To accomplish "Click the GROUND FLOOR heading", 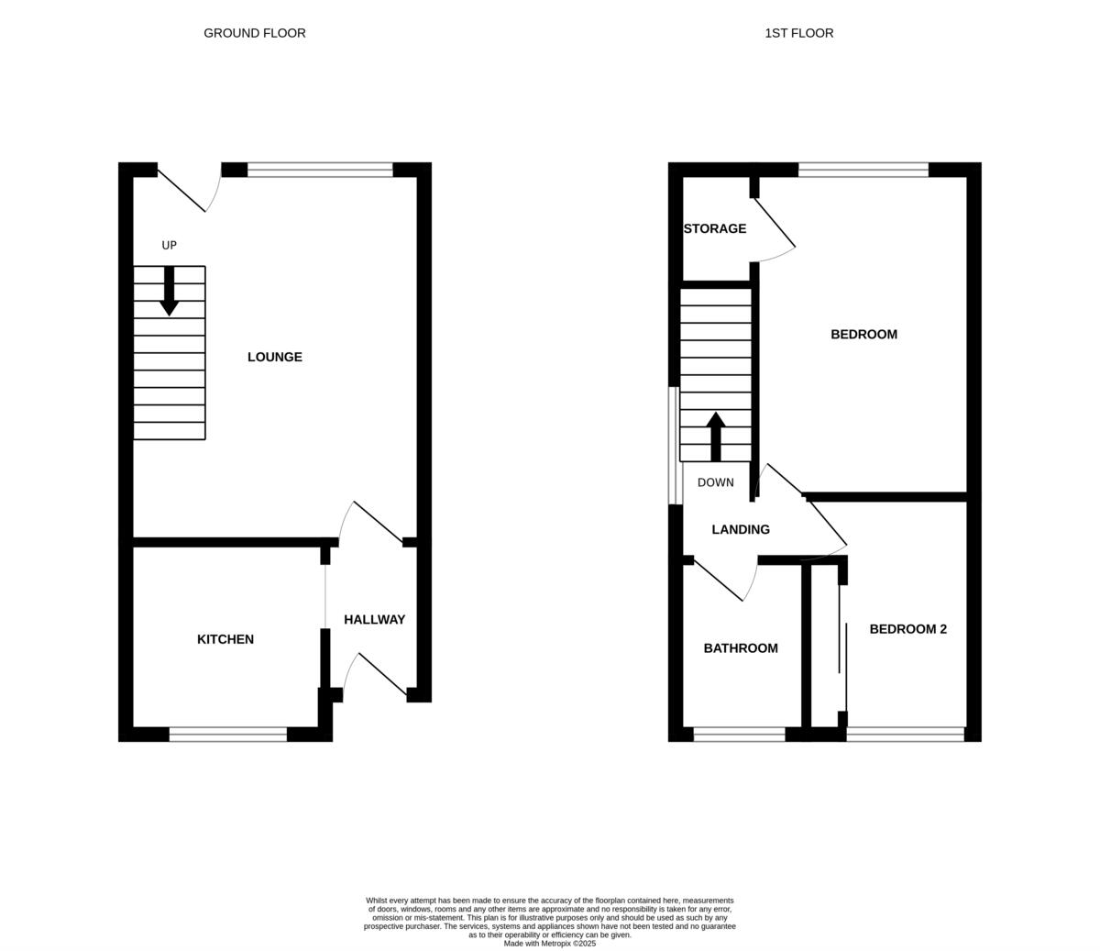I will click(x=255, y=33).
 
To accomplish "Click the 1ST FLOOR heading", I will click(x=799, y=33).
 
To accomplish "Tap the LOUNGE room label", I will click(x=275, y=357).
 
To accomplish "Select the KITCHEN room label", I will click(x=225, y=639).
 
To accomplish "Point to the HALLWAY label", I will click(x=374, y=620).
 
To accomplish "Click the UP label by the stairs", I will click(x=169, y=245).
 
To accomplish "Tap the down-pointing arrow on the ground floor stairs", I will click(x=169, y=293).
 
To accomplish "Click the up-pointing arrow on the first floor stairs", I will click(x=716, y=436).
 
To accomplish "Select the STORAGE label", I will click(x=715, y=228).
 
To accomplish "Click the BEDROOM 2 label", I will click(x=907, y=629).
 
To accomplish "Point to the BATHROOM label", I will click(x=741, y=648).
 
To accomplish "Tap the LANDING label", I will click(x=741, y=529).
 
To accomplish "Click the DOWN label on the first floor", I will click(x=715, y=482).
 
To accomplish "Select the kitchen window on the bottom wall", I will click(x=228, y=734).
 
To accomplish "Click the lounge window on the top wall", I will click(x=320, y=170).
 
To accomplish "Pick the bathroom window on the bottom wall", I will click(x=739, y=734).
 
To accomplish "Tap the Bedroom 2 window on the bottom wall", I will click(x=905, y=734).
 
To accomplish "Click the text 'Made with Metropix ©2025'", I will click(x=550, y=943).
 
